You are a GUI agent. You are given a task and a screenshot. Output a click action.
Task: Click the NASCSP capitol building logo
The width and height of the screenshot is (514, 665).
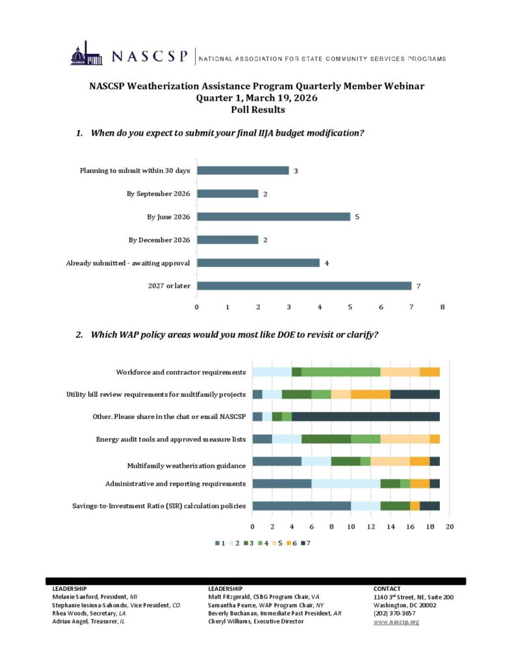pyautogui.click(x=86, y=54)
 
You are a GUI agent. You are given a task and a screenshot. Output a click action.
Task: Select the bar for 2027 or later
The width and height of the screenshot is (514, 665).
pyautogui.click(x=304, y=286)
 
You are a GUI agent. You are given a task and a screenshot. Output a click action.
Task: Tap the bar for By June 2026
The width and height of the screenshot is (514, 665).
pyautogui.click(x=274, y=216)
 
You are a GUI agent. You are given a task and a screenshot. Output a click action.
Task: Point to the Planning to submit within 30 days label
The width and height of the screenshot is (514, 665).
pyautogui.click(x=135, y=171)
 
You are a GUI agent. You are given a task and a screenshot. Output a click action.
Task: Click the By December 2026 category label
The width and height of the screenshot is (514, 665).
pyautogui.click(x=159, y=240)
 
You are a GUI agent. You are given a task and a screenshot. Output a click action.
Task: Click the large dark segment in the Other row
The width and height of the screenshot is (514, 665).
pyautogui.click(x=366, y=416)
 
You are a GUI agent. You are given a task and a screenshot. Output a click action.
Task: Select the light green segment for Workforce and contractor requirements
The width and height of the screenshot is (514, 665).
pyautogui.click(x=341, y=372)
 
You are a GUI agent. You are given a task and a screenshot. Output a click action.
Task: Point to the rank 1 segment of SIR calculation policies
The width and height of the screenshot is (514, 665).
pyautogui.click(x=302, y=506)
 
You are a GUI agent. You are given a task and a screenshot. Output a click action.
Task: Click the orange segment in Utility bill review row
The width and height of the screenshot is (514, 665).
pyautogui.click(x=370, y=394)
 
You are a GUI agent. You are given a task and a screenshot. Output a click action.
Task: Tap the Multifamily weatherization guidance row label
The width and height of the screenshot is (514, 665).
pyautogui.click(x=186, y=465)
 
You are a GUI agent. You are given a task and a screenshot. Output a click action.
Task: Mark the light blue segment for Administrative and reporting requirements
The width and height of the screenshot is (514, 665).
pyautogui.click(x=346, y=483)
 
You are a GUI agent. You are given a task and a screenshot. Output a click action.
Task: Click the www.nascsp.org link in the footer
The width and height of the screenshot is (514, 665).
pyautogui.click(x=396, y=621)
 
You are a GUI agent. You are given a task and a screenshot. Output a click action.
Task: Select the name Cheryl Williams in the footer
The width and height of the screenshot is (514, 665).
pyautogui.click(x=230, y=621)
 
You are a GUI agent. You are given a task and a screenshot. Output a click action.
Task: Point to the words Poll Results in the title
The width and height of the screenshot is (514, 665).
pyautogui.click(x=257, y=110)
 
